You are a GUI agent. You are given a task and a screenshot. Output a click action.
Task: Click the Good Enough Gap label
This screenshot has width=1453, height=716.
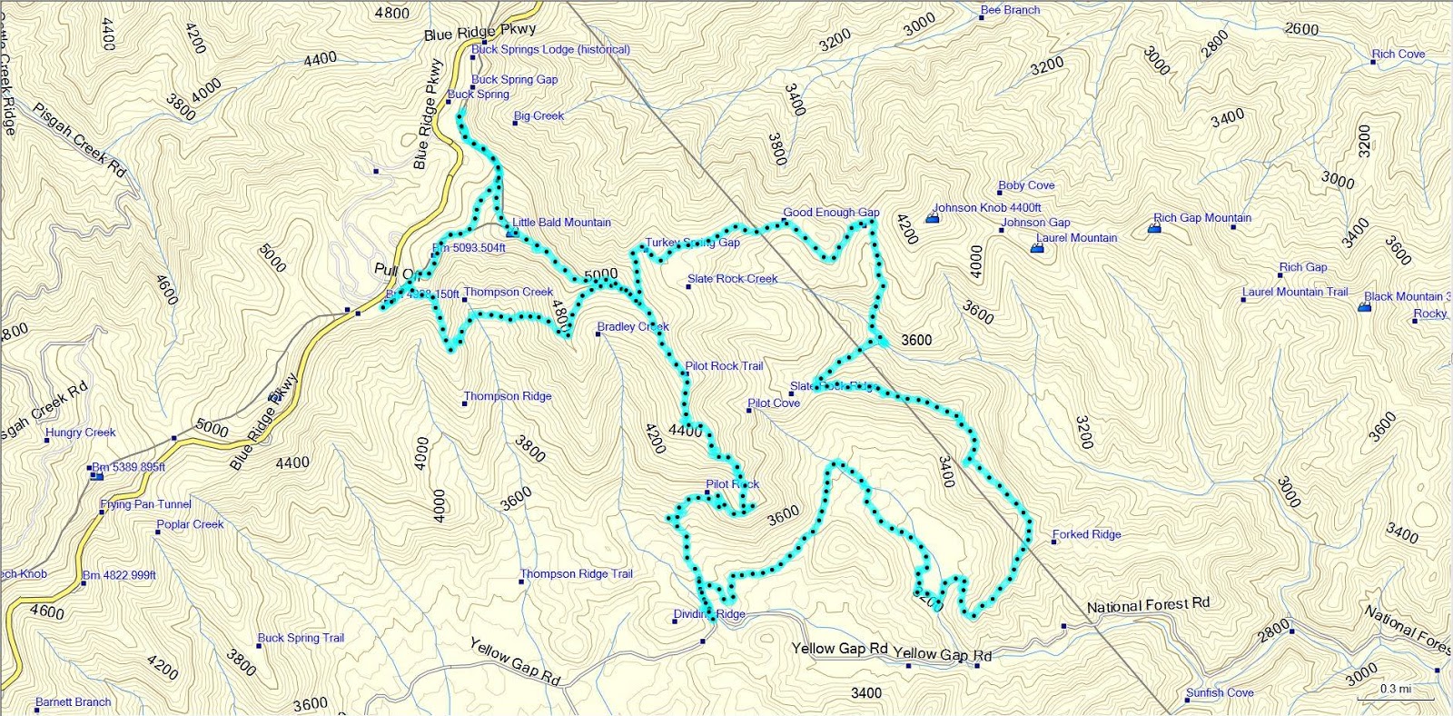[831, 213]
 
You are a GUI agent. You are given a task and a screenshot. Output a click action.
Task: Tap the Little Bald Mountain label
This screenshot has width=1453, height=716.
[561, 223]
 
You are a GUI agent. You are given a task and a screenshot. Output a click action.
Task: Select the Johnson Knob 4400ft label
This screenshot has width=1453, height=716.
[987, 208]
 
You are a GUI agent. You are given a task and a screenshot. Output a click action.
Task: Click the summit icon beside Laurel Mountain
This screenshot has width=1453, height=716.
[1037, 247]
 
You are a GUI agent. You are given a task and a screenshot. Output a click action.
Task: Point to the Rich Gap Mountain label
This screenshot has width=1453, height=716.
[1202, 218]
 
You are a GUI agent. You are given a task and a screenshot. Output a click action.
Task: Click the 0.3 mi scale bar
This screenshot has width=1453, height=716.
[1396, 693]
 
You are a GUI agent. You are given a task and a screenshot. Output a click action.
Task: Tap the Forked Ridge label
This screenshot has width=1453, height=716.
[1086, 534]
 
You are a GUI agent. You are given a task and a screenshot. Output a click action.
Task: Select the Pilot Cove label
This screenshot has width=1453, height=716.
[774, 403]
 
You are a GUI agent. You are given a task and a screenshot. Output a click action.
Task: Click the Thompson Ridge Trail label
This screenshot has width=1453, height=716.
[576, 574]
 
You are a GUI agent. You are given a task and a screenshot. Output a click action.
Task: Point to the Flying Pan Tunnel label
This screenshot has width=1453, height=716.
[146, 504]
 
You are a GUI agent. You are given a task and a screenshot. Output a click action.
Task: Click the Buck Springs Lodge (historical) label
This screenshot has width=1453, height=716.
[550, 50]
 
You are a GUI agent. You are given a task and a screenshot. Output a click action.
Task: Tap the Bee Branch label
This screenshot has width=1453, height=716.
[1010, 10]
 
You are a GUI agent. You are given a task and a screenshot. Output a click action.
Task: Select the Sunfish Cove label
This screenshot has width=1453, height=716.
[1220, 693]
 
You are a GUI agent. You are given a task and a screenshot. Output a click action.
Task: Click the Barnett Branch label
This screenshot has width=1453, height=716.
[73, 702]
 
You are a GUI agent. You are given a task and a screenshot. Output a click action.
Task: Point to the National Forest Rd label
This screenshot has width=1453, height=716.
[1148, 605]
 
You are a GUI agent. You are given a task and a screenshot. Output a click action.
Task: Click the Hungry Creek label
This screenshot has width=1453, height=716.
[81, 433]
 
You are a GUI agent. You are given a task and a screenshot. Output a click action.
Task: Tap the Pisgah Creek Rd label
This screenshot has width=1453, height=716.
[80, 140]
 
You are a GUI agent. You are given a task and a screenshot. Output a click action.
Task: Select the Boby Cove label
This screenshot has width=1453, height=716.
[1026, 185]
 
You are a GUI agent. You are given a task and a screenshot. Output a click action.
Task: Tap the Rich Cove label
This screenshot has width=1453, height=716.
[1399, 55]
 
